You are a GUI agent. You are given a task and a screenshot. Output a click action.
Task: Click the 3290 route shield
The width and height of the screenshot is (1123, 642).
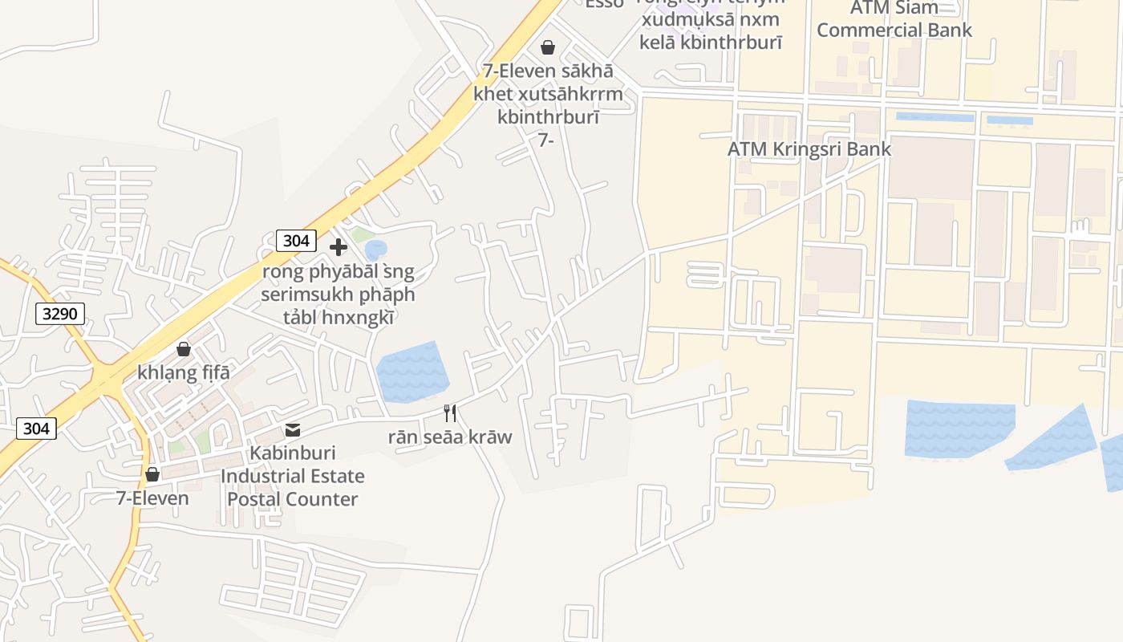[x=60, y=314]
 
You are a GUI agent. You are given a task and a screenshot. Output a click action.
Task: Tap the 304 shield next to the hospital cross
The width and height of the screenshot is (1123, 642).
[x=296, y=240]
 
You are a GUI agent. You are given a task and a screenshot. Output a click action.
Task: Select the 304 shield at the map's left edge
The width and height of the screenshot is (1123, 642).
[x=36, y=429]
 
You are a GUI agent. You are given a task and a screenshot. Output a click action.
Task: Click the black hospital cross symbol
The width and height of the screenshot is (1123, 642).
[x=339, y=247]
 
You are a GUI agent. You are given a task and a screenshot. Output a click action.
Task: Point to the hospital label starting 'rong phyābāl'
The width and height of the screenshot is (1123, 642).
[x=338, y=295]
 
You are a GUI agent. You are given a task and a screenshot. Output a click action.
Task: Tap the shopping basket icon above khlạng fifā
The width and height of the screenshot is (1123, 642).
[x=184, y=349]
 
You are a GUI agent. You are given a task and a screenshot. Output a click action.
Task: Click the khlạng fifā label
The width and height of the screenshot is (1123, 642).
[x=184, y=372]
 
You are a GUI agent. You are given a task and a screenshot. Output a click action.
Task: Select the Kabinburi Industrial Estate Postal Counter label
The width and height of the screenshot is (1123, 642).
[x=292, y=476]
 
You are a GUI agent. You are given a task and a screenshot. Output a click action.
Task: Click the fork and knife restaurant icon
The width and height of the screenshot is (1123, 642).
[x=450, y=413]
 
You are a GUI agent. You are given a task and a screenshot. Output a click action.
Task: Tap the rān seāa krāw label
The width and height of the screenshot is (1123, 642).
[x=450, y=437]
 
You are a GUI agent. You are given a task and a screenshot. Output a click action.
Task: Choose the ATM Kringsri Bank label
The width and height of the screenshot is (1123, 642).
[x=809, y=148]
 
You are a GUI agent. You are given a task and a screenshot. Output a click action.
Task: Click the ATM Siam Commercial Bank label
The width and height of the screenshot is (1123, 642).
[x=894, y=20]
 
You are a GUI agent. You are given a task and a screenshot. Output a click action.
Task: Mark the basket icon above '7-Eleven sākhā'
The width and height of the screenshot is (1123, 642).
[x=548, y=47]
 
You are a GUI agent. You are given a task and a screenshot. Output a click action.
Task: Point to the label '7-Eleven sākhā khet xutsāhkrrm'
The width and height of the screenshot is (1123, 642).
[x=548, y=94]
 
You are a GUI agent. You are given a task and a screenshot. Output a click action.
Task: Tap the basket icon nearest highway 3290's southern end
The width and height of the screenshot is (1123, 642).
[x=152, y=474]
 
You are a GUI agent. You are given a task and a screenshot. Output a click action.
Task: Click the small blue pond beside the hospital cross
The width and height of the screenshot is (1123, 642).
[x=375, y=250]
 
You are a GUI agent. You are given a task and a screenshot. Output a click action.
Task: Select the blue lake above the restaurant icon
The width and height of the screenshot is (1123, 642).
[x=411, y=372]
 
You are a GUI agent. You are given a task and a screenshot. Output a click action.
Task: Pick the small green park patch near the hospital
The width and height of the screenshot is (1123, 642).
[x=362, y=235]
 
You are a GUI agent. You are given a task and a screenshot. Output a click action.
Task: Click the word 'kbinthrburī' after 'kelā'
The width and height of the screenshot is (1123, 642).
[x=731, y=43]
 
